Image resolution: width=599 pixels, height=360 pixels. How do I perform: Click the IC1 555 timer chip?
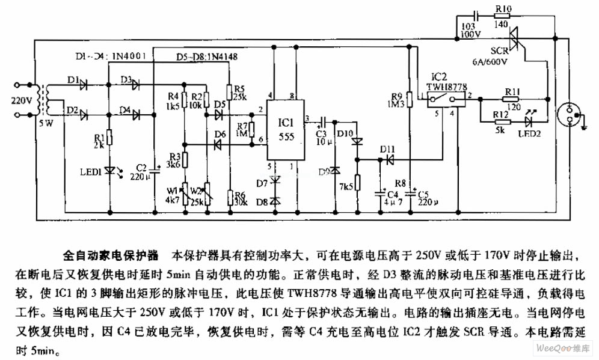(x=280, y=129)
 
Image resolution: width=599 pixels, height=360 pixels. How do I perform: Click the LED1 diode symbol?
(x=109, y=170)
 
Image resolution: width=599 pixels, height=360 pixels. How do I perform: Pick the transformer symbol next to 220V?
(x=43, y=100)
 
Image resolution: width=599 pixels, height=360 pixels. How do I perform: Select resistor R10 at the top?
(x=503, y=17)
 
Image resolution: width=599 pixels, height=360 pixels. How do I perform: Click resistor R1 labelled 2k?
(x=109, y=137)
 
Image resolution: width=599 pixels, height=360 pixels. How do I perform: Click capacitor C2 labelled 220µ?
(x=155, y=171)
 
